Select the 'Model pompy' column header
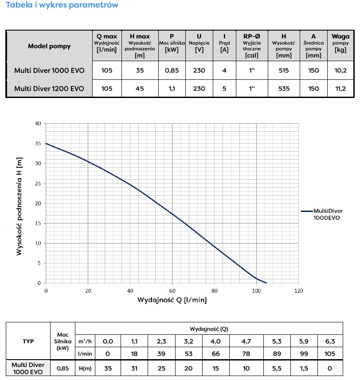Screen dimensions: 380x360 coord(49,46)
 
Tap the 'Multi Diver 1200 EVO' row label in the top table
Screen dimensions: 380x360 coord(49,88)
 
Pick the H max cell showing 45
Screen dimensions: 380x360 coord(140,88)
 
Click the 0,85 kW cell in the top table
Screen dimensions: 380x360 coord(171,71)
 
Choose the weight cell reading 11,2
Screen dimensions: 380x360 coord(340,88)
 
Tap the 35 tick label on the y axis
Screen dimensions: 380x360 coord(38,144)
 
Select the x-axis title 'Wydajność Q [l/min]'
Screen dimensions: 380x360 coord(172,300)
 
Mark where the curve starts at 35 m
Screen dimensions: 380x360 coord(47,144)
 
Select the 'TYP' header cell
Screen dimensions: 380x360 coord(28,341)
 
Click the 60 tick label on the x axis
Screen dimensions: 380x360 coord(172,290)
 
